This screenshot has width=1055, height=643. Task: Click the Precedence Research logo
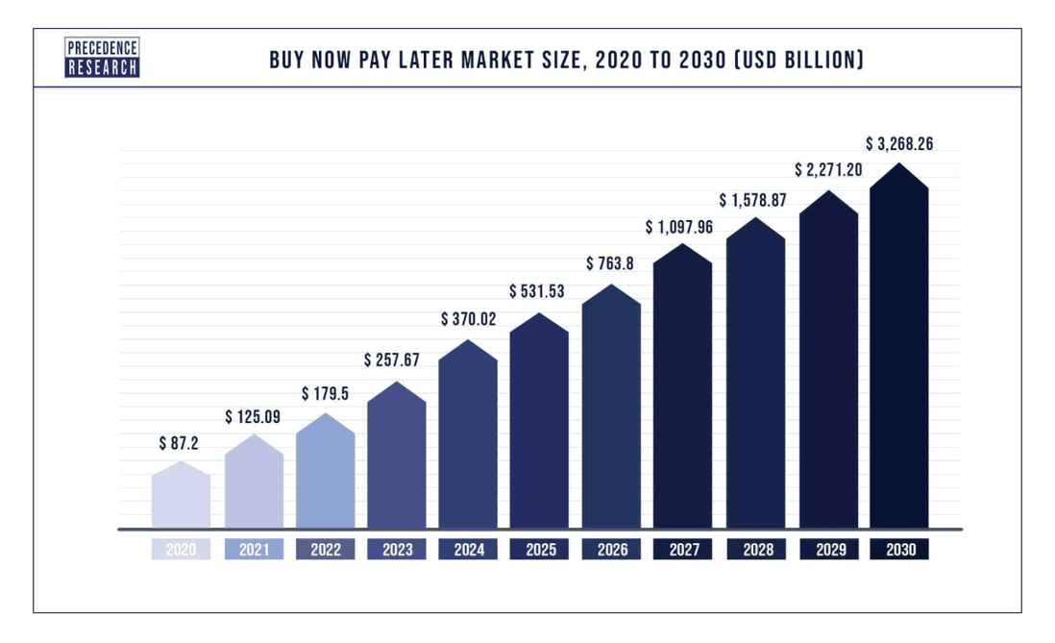pos(103,58)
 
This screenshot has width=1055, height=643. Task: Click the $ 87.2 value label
pos(181,444)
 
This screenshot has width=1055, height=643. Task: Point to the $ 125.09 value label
pos(254,417)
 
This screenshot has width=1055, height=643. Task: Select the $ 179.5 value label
pos(325,394)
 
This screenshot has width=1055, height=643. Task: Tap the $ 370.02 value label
pos(468,319)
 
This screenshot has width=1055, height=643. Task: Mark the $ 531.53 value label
pos(539,291)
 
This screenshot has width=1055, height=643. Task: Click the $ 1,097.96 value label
pos(682,228)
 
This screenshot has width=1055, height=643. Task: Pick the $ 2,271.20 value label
pos(827,170)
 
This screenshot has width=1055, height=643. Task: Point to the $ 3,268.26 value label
pos(899,144)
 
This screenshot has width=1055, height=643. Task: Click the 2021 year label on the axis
pos(254,550)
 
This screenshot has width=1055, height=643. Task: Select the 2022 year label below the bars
pos(325,550)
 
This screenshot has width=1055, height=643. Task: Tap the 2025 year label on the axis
pos(539,550)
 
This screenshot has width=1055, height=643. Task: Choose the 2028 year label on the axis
pos(755,550)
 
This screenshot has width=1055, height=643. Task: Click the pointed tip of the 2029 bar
pos(828,192)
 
